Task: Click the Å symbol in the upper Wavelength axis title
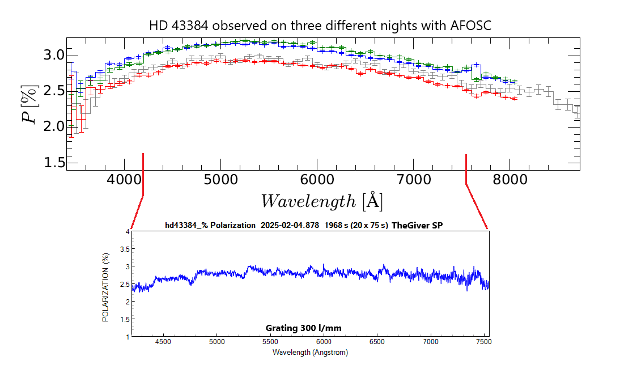point(372,201)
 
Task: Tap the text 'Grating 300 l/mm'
point(303,328)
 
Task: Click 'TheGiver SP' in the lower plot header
point(417,225)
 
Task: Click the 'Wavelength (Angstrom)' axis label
point(310,352)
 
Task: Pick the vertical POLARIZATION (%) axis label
point(105,287)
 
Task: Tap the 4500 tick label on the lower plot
point(164,342)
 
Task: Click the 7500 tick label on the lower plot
point(484,342)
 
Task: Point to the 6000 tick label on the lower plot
point(324,342)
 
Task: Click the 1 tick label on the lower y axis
point(128,337)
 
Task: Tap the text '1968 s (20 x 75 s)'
point(354,225)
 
